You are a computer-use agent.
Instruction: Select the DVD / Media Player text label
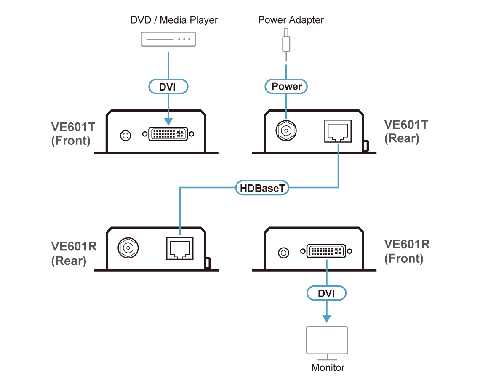174,20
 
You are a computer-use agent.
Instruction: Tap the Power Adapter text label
291,20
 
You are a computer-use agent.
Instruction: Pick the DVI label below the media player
168,87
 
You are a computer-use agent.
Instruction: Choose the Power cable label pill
286,86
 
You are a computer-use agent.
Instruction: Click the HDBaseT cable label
262,188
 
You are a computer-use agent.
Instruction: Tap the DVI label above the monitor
327,293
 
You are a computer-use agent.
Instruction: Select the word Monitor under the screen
328,367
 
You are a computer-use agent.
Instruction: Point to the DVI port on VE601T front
168,135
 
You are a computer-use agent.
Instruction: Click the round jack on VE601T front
125,136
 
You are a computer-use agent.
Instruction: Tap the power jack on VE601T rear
285,131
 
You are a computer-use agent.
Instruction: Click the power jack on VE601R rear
128,248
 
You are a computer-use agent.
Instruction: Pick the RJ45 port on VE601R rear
180,248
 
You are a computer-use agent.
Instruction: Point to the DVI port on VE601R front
326,252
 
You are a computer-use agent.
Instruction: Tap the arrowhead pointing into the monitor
327,319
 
